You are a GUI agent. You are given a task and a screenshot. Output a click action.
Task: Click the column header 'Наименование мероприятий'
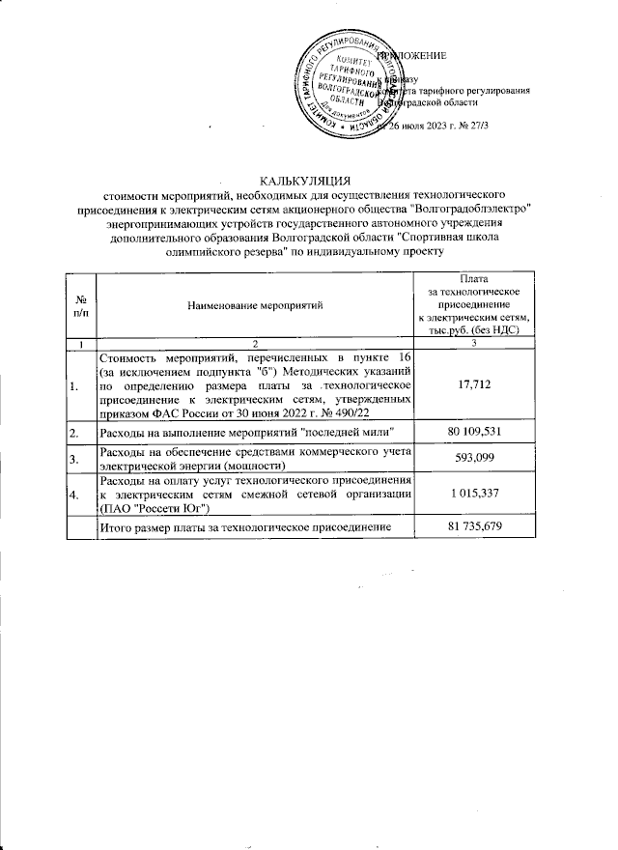click(256, 305)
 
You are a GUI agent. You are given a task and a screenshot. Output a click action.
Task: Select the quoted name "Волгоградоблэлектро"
click(472, 209)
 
